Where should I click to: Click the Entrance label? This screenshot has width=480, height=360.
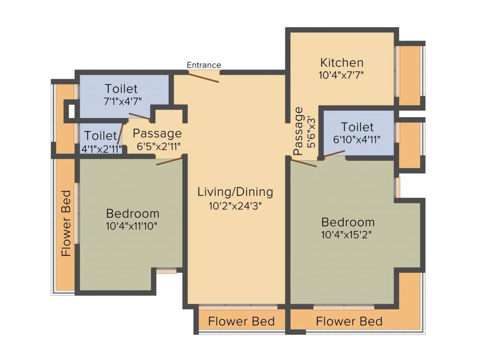[204, 65]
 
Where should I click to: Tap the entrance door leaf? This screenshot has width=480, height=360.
[203, 77]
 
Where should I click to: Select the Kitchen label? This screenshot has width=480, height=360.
[342, 62]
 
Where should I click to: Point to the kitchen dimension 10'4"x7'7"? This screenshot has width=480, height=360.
[341, 75]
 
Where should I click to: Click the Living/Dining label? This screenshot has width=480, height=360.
[235, 192]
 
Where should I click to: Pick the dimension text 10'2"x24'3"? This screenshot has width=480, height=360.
[235, 206]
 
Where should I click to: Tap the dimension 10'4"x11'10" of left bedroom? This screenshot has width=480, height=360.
[132, 226]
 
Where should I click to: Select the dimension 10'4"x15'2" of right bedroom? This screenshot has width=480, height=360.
[346, 235]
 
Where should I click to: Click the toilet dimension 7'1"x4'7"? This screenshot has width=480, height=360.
[123, 101]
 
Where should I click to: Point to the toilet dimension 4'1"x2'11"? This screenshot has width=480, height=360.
[101, 149]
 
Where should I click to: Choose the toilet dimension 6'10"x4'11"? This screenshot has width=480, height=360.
[357, 140]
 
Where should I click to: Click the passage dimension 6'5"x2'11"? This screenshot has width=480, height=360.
[158, 146]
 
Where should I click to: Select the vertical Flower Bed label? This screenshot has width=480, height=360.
[66, 223]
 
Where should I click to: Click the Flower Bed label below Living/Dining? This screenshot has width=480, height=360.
[241, 322]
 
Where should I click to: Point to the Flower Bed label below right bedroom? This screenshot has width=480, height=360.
[349, 322]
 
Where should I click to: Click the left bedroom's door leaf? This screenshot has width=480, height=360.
[170, 161]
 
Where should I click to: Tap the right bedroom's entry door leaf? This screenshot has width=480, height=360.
[304, 163]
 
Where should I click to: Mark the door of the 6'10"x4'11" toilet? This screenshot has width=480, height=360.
[334, 154]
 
